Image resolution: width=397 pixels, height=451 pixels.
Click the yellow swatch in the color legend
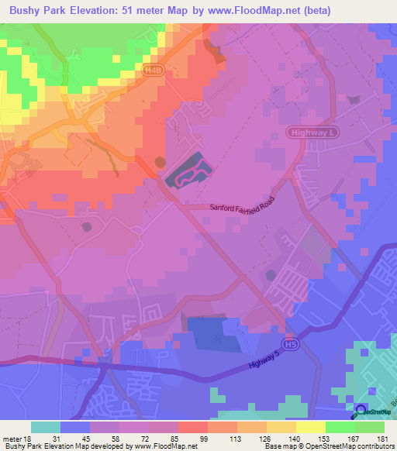point(311,427)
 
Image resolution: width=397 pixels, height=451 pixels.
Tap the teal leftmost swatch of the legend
point(46,427)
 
